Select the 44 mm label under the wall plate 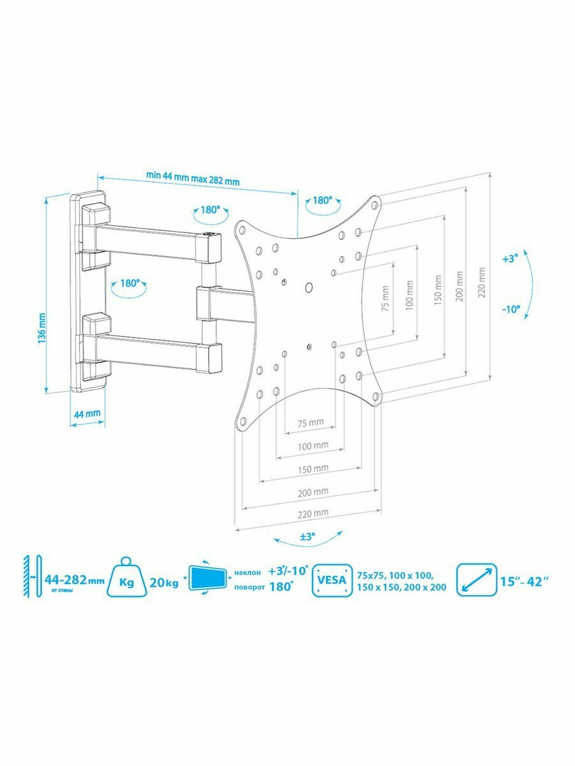coord(88,414)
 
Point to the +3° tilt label coord(510,260)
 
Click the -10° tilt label coord(510,309)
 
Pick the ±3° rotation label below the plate coord(308,537)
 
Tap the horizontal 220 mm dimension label coord(313,513)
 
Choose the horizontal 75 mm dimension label coord(311,423)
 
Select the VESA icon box coord(332,581)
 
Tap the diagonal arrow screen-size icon coord(477,581)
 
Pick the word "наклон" coord(247,573)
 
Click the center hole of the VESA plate coord(309,287)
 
